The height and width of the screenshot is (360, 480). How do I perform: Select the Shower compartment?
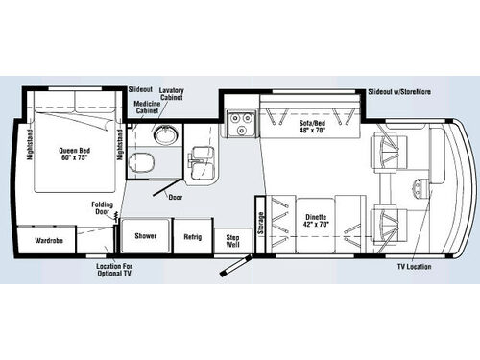pos(145,235)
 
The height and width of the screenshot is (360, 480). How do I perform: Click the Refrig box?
pos(191,235)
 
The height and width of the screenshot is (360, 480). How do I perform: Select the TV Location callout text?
pos(413,266)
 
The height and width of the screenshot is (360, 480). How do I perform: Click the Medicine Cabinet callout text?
pos(145,107)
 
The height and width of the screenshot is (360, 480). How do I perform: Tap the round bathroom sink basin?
pos(168,132)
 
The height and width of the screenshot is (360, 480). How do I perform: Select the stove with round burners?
pos(238,120)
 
